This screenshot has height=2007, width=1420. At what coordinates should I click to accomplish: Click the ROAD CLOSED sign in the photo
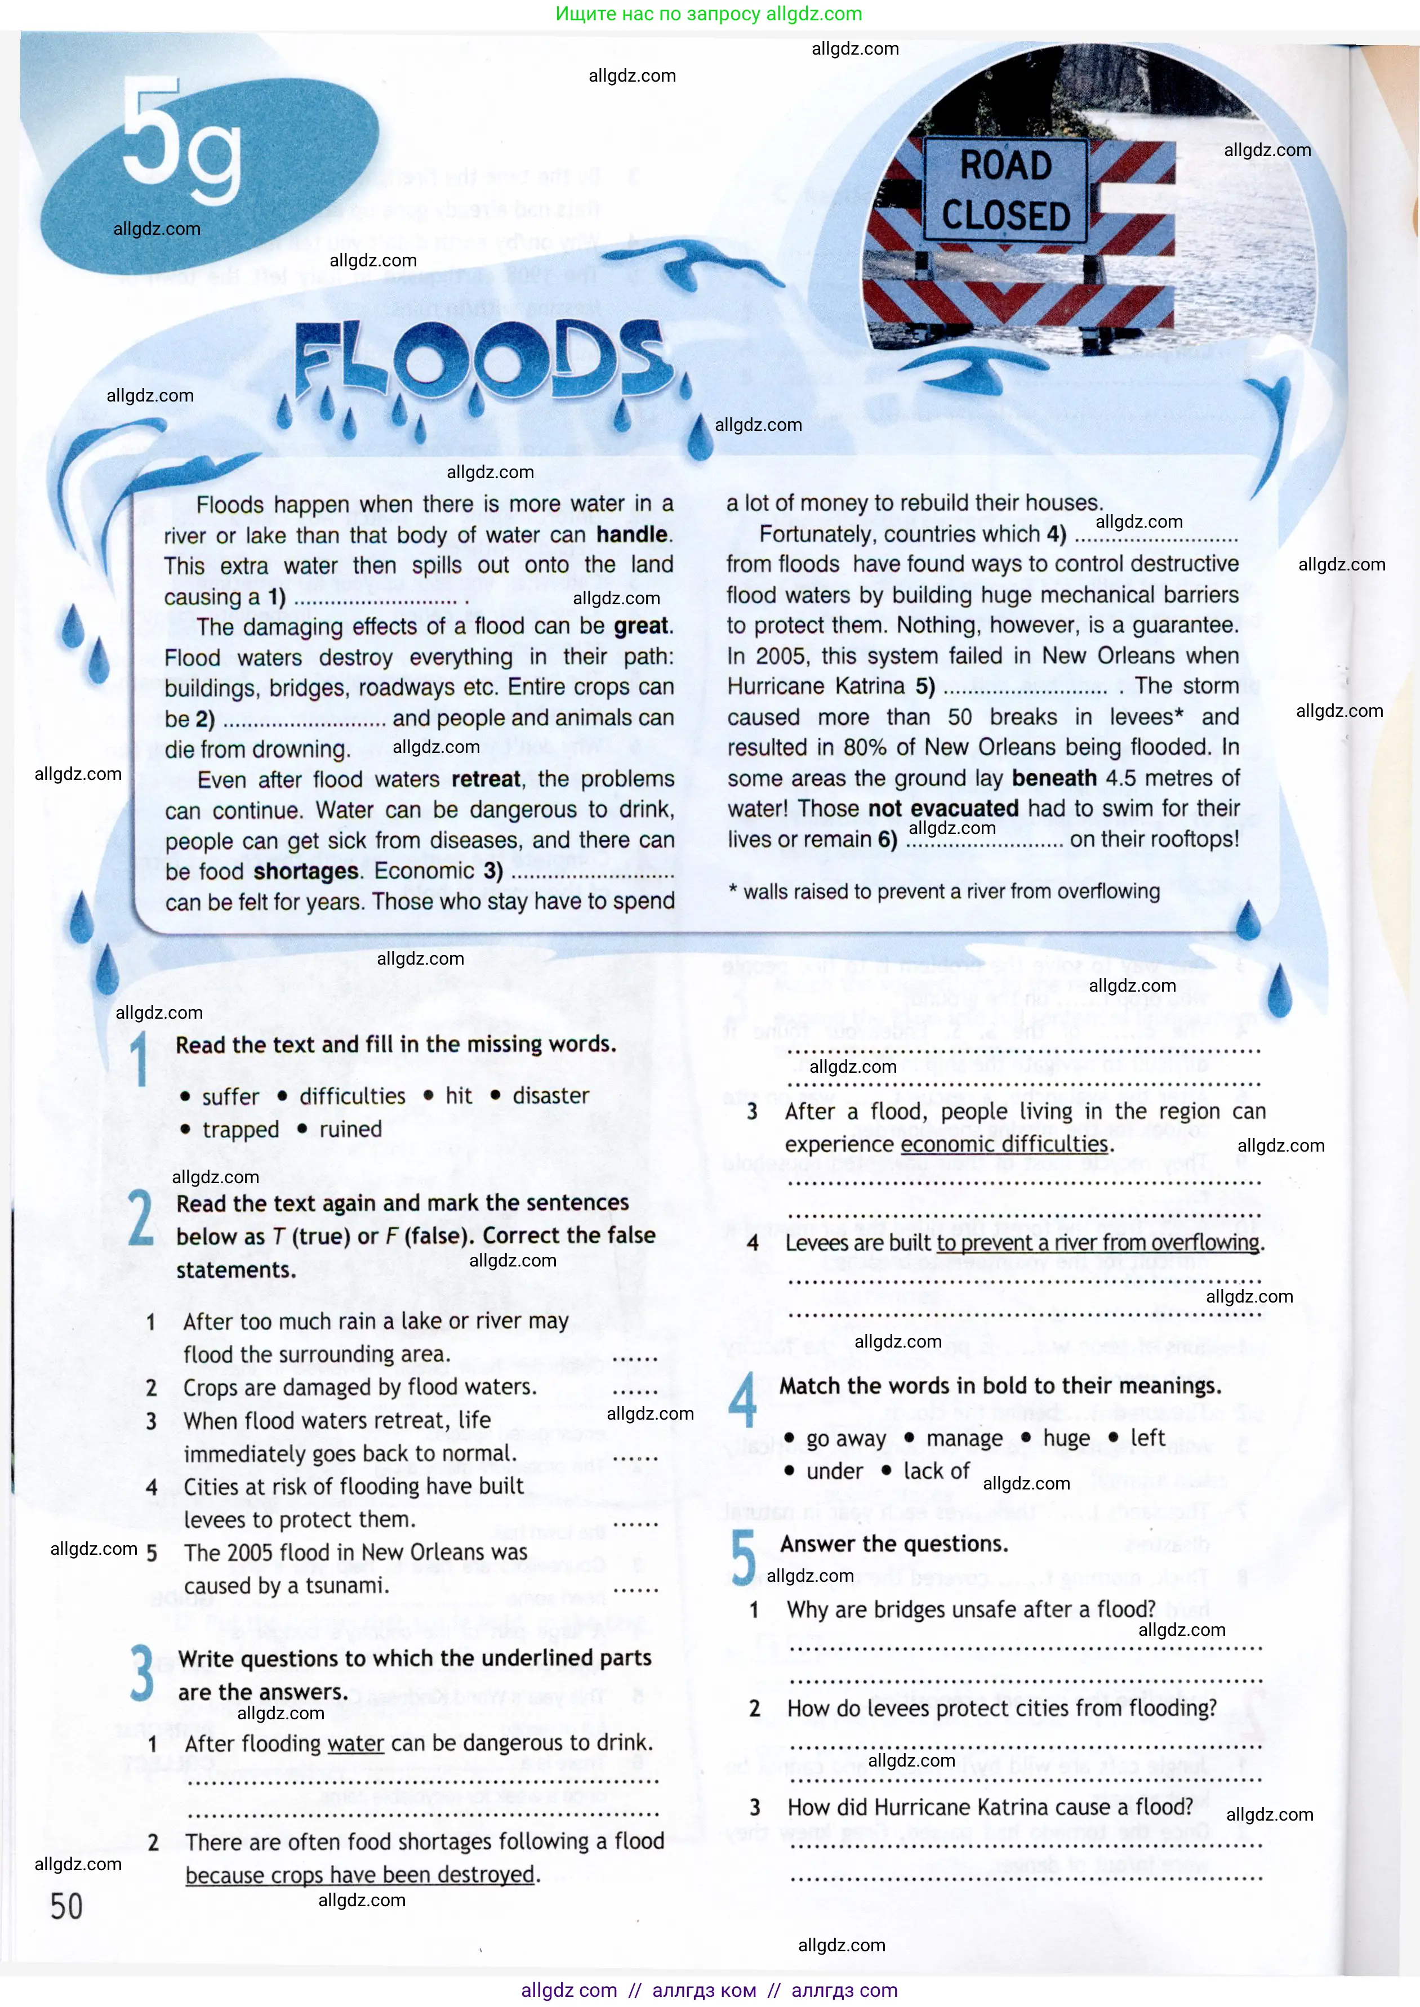1005,190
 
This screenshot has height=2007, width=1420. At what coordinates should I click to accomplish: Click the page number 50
66,1906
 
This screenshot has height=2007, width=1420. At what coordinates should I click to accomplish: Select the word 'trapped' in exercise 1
241,1130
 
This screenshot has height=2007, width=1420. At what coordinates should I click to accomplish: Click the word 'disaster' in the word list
551,1096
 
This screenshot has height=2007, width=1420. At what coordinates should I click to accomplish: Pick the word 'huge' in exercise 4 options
1066,1438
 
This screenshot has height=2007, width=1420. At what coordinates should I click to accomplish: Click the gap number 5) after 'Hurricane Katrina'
925,686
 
